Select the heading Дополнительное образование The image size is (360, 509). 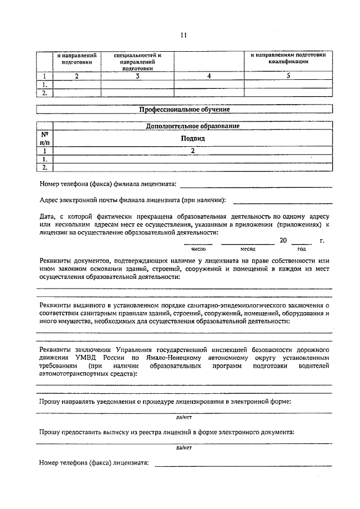(193, 126)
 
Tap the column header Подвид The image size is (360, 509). (193, 138)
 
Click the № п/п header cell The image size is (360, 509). (44, 138)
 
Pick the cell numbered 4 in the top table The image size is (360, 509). (208, 76)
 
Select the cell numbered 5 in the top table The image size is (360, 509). (287, 76)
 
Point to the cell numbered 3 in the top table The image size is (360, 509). (137, 76)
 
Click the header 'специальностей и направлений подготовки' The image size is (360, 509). (137, 61)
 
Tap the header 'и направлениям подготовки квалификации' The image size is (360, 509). (287, 58)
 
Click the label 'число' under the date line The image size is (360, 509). (199, 249)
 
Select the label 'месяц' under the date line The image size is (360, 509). (248, 249)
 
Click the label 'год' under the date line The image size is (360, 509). (301, 249)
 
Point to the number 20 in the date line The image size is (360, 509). (283, 241)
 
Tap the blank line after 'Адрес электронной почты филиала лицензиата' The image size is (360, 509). (282, 201)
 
